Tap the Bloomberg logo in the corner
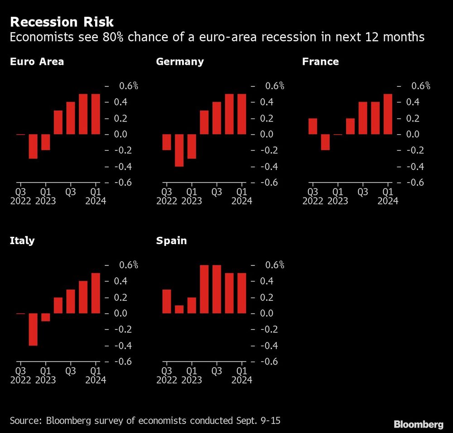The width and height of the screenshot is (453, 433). [x=418, y=424]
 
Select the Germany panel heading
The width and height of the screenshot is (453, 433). [x=179, y=62]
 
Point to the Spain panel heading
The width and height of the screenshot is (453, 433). [x=171, y=241]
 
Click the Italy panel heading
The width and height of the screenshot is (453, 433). [x=22, y=241]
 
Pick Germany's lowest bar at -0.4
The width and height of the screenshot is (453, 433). [x=179, y=150]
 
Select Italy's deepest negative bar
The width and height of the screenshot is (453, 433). [x=33, y=329]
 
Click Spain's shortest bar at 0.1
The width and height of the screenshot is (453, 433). [x=179, y=309]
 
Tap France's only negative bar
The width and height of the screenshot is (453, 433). [x=325, y=142]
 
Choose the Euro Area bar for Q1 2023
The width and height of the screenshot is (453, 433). [x=45, y=142]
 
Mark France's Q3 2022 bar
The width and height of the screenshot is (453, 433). [x=313, y=126]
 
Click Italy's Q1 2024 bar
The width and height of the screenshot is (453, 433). [x=96, y=293]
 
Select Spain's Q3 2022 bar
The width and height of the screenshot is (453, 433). [x=167, y=301]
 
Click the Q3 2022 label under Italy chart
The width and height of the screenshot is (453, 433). [x=20, y=375]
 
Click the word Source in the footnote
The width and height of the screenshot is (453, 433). [x=24, y=421]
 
